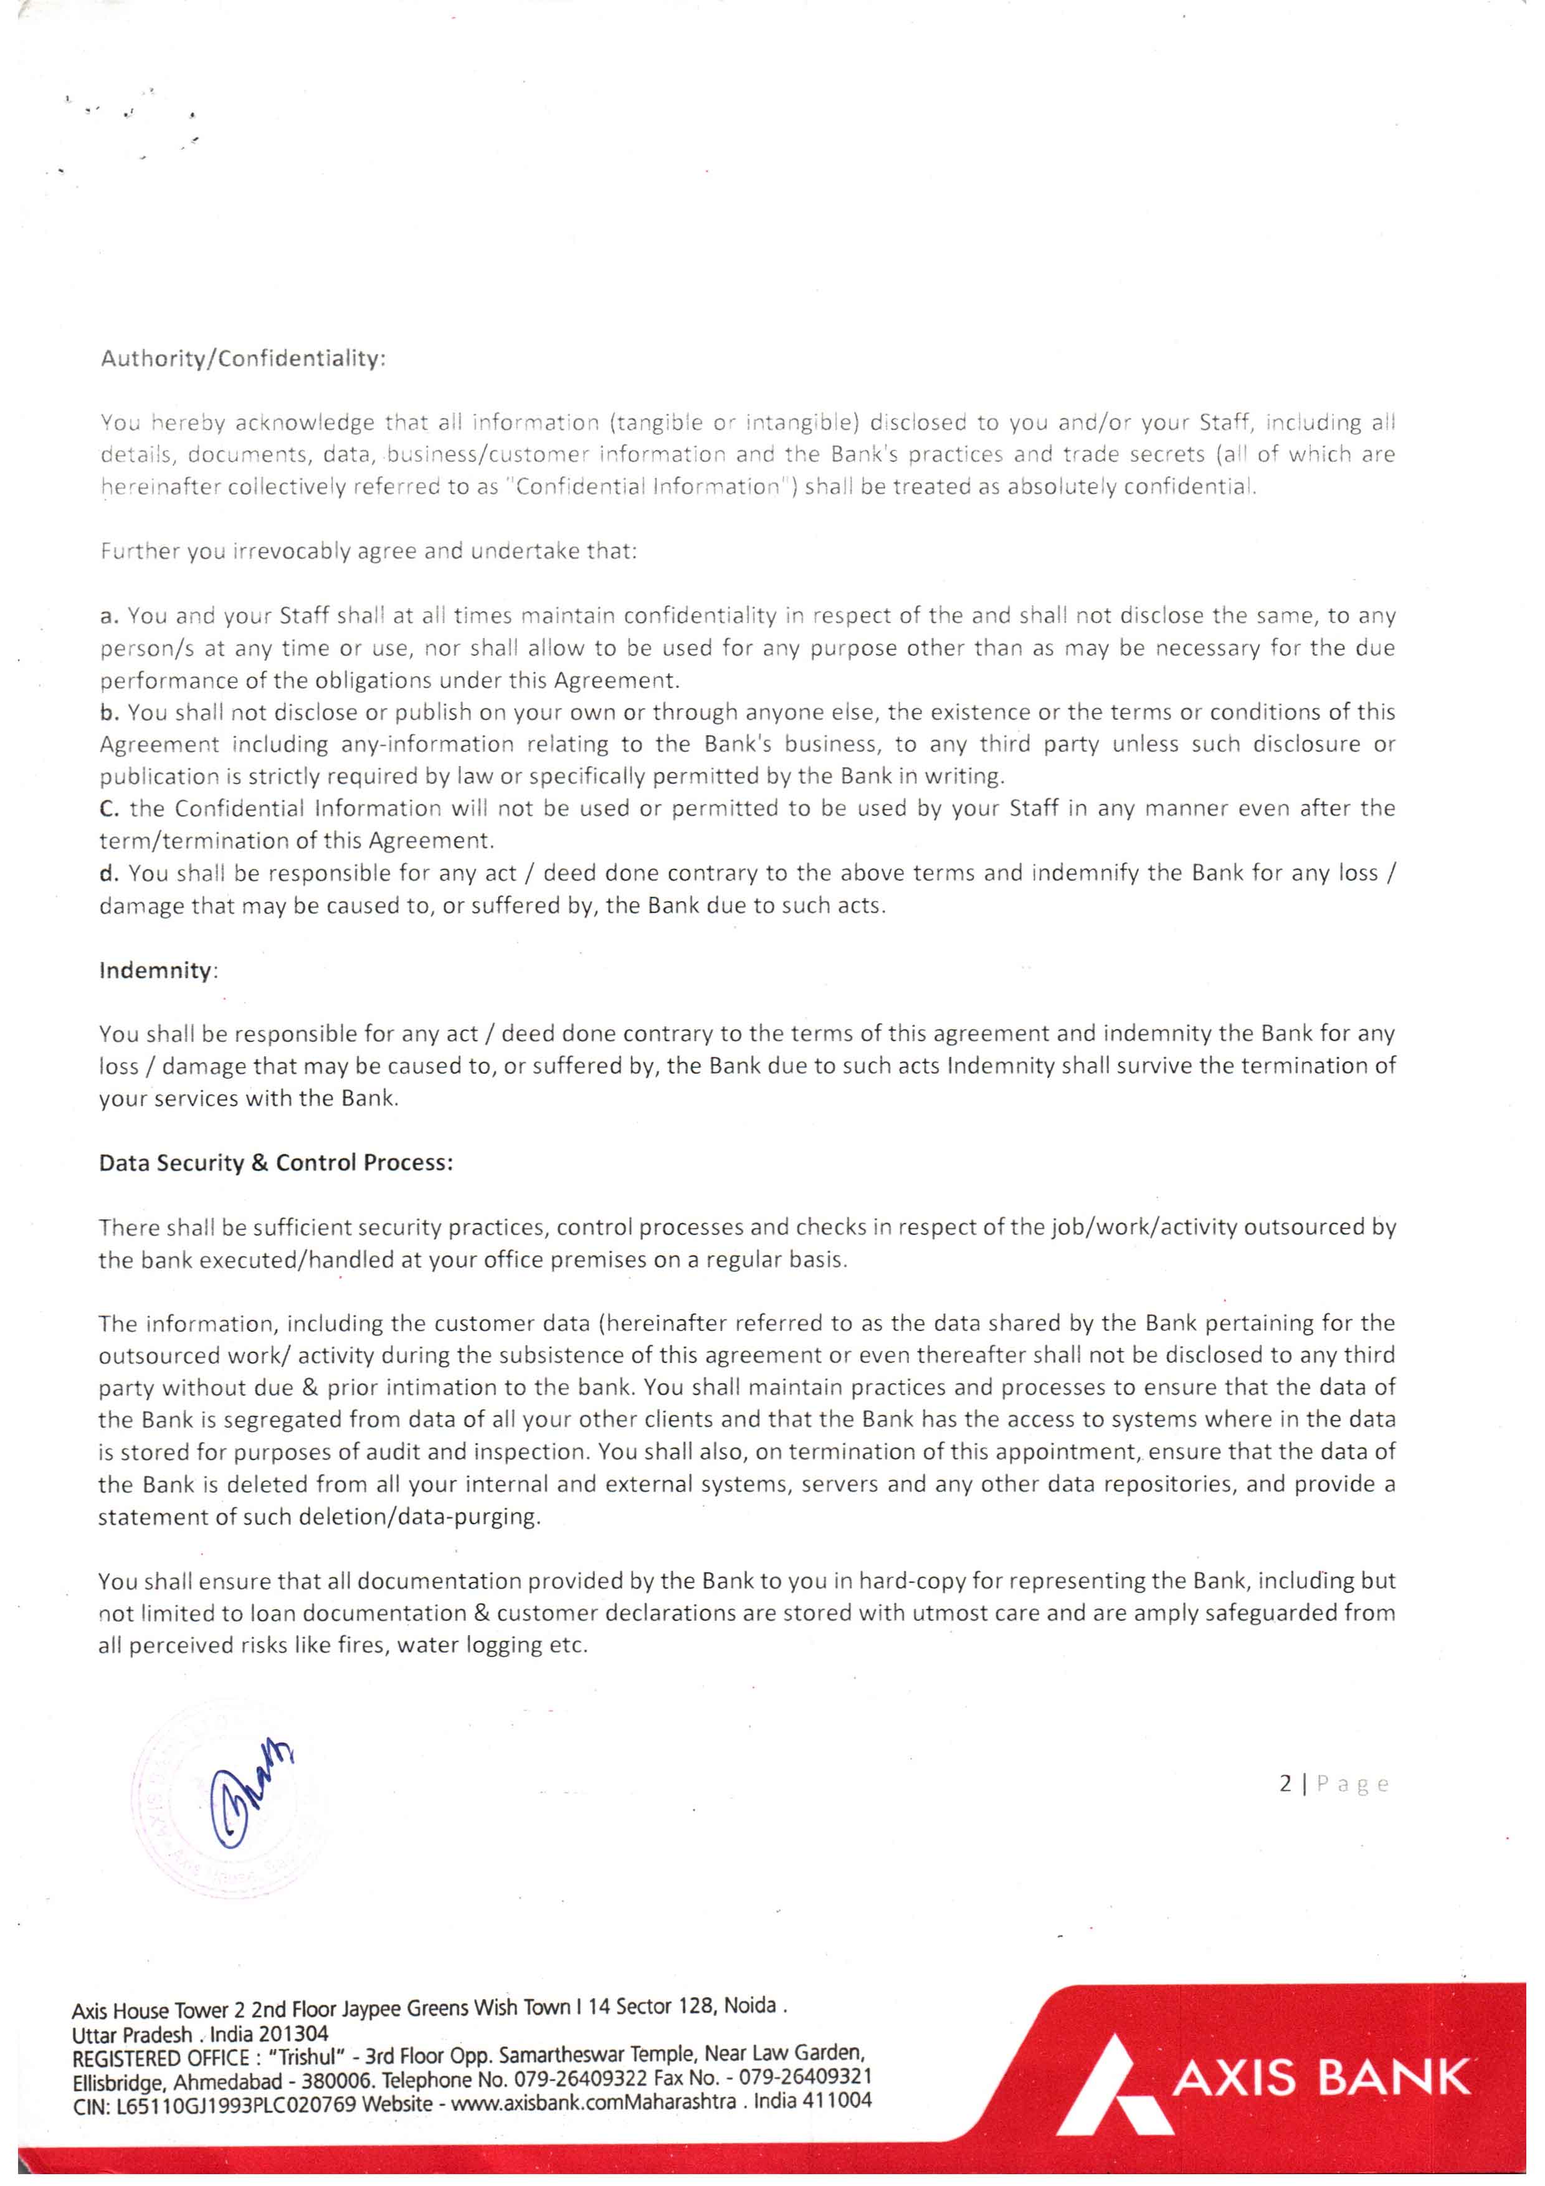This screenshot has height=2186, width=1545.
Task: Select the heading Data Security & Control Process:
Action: tap(275, 1163)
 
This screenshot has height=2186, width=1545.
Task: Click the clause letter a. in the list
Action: tap(108, 616)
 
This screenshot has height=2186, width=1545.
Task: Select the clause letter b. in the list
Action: tap(108, 712)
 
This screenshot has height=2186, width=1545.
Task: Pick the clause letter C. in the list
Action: tap(108, 808)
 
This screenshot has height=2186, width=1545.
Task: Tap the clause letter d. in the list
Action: tap(108, 873)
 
